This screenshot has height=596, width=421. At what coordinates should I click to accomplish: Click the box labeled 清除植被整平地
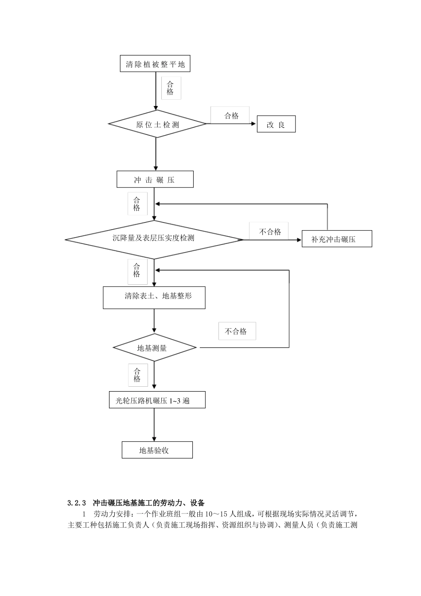point(155,64)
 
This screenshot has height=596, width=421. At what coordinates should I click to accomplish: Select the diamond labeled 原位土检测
point(157,124)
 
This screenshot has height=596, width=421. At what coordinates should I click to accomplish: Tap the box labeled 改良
point(276,125)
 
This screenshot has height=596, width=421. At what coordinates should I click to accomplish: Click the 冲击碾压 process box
point(155,180)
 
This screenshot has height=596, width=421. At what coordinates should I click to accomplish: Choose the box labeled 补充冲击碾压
point(336,239)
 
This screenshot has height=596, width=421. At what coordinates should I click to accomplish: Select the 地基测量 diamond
point(154,348)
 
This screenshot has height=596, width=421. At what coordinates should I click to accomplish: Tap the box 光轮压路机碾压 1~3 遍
point(157,400)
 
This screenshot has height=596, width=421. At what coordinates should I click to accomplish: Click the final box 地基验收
point(157,450)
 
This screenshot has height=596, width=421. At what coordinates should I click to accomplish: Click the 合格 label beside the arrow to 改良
point(231,116)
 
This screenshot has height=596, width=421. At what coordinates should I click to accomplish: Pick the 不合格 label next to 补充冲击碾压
point(270,231)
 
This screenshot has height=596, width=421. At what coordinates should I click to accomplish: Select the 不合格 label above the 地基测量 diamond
point(237,331)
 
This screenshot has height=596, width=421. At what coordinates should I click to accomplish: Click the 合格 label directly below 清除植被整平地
point(171,88)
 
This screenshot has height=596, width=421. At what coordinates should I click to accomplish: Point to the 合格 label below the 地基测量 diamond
point(137,375)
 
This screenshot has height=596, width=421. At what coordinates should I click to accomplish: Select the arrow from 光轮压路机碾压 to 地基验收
point(154,424)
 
